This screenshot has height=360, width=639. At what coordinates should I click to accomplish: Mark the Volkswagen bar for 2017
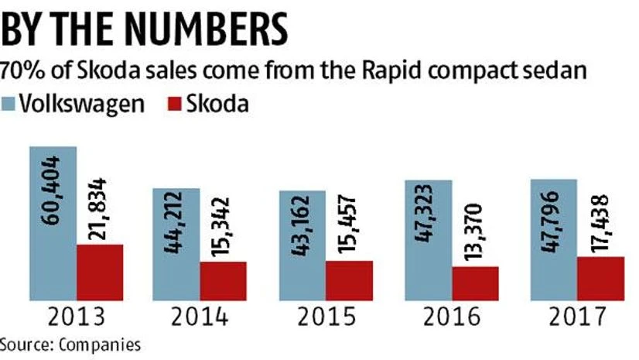(553, 240)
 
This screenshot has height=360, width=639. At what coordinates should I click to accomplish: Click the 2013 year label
(77, 317)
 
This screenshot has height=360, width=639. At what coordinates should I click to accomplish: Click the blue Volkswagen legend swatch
(8, 104)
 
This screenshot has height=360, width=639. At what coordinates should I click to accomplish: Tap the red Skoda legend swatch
(174, 104)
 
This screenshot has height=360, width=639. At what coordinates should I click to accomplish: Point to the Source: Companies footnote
(70, 344)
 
